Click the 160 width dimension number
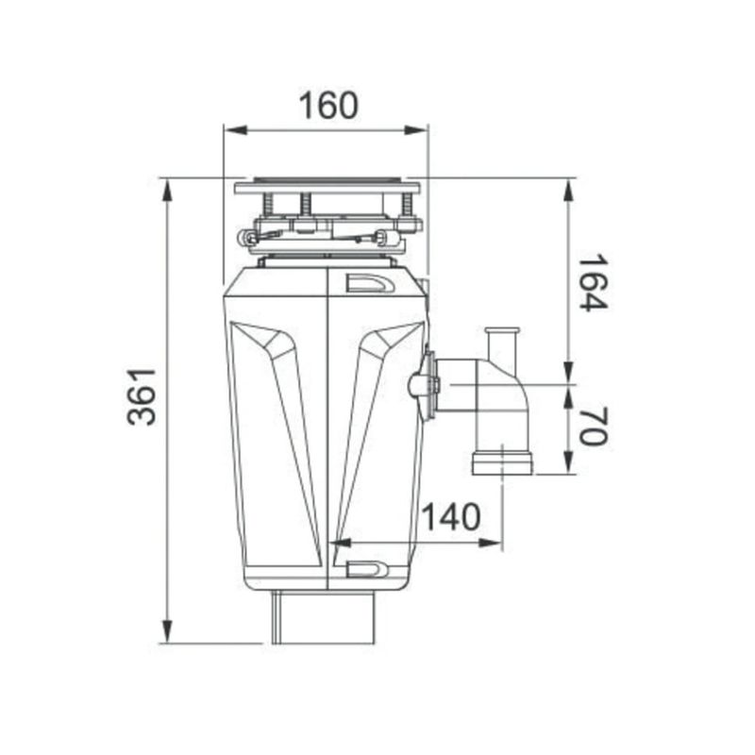[328, 106]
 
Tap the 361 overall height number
[142, 396]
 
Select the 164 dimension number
[594, 283]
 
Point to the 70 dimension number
[594, 427]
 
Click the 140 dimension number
[451, 516]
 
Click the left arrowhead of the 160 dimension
[236, 130]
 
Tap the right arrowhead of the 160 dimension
[415, 130]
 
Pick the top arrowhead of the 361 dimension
[167, 192]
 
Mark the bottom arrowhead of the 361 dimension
[167, 630]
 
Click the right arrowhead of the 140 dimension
[490, 544]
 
